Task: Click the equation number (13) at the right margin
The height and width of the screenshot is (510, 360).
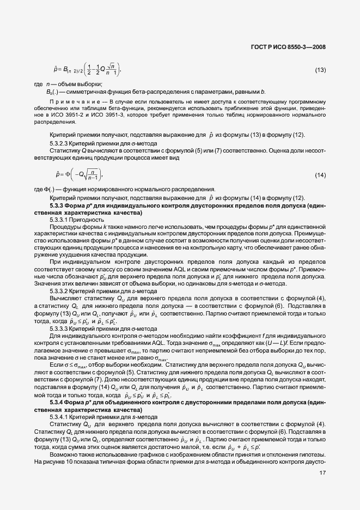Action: (321, 70)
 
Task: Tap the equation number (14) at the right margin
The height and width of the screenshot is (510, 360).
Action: (321, 175)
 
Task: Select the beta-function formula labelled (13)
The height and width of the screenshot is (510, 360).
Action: (87, 70)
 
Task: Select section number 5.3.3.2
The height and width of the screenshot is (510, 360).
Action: (59, 292)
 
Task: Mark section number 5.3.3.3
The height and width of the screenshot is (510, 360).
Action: (59, 329)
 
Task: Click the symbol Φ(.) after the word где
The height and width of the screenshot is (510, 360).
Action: (49, 190)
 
